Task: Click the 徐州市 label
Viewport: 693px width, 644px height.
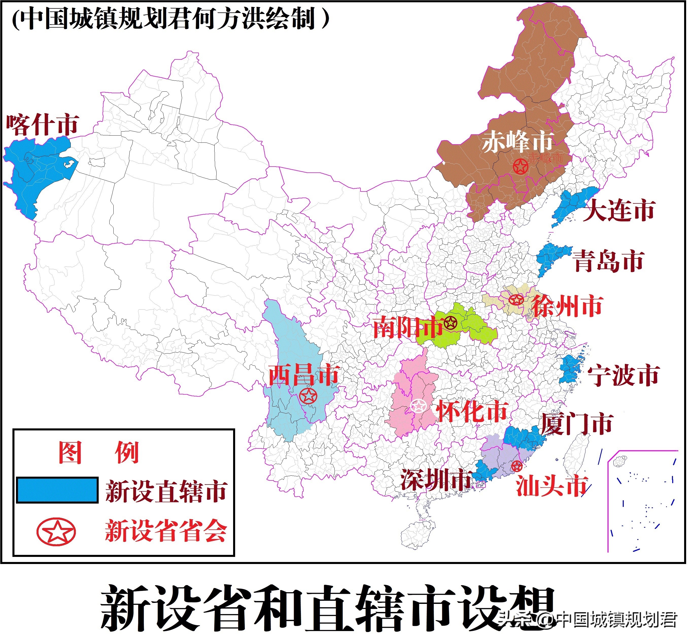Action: (568, 306)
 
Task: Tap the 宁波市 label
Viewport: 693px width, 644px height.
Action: (623, 375)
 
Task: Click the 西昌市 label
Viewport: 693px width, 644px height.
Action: (304, 375)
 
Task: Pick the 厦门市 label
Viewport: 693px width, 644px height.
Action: (577, 424)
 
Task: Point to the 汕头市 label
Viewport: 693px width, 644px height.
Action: (552, 486)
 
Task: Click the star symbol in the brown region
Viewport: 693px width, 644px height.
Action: (520, 167)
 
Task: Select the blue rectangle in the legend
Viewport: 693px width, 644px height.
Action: (57, 490)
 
